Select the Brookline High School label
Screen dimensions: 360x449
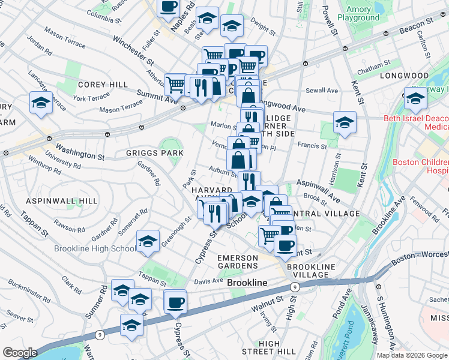click(95, 248)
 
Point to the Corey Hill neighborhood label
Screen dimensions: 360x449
click(103, 85)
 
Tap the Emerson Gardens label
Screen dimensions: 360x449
click(237, 262)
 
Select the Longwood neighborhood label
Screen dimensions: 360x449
click(408, 76)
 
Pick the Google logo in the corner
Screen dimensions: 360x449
click(20, 353)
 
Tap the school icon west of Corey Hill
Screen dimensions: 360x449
click(41, 103)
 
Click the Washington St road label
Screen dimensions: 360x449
click(80, 151)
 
